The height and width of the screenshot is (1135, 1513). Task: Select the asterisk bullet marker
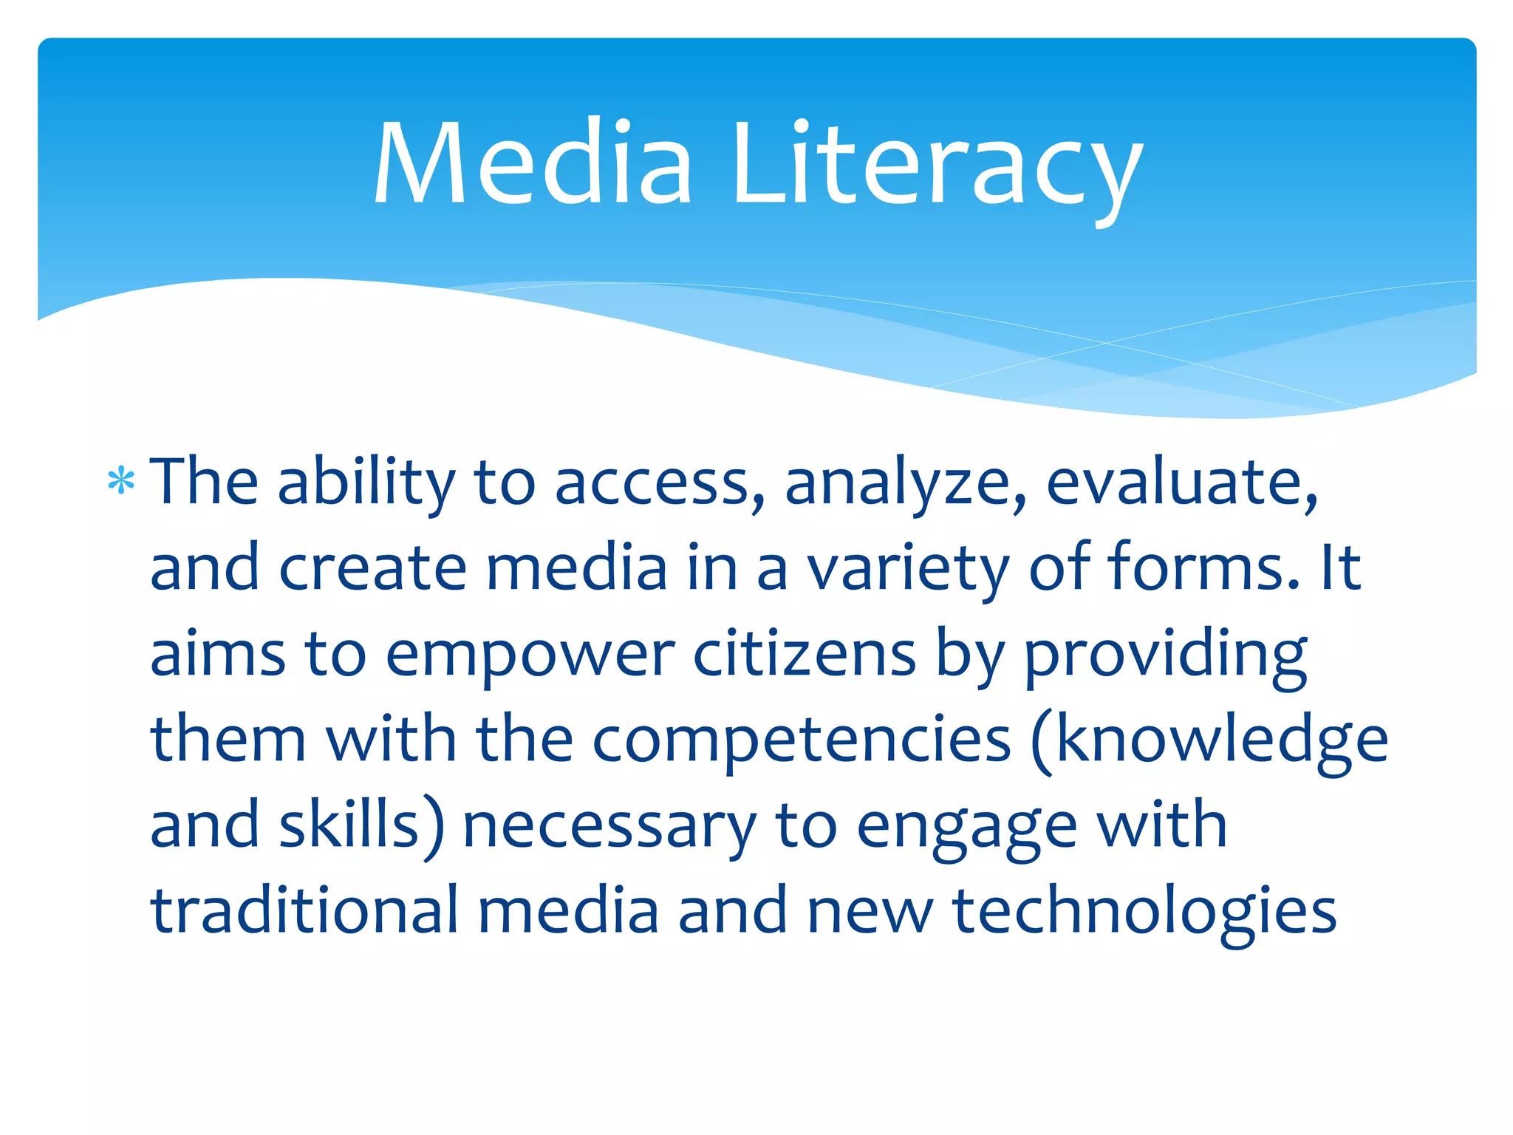click(x=121, y=482)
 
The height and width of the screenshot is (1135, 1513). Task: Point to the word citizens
click(x=805, y=655)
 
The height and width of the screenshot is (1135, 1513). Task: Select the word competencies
click(x=802, y=741)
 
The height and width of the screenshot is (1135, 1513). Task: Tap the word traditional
click(x=305, y=910)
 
